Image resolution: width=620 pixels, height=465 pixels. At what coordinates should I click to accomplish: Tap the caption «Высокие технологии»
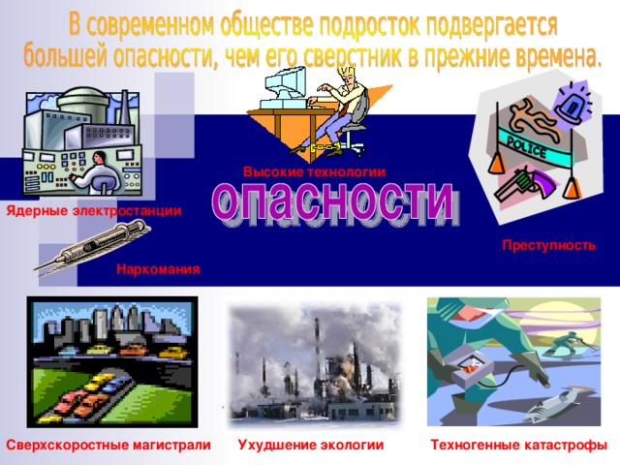pyautogui.click(x=314, y=171)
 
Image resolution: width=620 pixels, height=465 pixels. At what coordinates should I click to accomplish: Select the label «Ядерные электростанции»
pyautogui.click(x=92, y=211)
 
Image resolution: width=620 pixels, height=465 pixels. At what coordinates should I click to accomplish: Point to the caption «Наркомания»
pyautogui.click(x=158, y=268)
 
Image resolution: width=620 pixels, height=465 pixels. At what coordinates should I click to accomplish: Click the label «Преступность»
pyautogui.click(x=548, y=246)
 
